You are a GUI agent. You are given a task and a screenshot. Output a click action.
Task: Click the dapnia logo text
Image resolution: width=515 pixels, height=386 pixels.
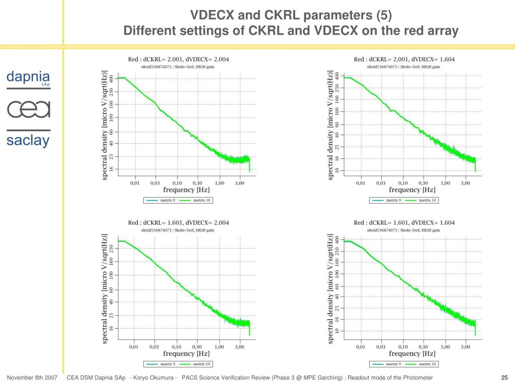[28, 77]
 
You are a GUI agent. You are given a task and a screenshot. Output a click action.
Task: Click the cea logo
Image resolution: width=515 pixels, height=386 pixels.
[28, 109]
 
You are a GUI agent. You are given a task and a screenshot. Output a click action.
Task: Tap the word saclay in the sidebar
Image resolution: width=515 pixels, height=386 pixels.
[28, 140]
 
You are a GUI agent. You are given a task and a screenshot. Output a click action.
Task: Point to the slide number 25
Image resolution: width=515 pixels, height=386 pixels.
[504, 378]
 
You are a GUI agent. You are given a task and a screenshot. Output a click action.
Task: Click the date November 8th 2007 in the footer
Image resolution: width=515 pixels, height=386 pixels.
[32, 378]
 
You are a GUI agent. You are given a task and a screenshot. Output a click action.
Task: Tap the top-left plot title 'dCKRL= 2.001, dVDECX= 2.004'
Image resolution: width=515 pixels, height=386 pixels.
[179, 59]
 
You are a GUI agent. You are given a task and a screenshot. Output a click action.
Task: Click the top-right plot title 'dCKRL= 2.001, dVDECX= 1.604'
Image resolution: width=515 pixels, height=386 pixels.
[404, 59]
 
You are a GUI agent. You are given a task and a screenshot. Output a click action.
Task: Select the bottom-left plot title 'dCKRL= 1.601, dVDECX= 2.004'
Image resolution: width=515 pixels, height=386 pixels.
[179, 223]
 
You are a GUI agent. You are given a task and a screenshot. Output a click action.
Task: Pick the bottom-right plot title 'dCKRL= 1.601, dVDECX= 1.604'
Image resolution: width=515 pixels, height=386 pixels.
[404, 223]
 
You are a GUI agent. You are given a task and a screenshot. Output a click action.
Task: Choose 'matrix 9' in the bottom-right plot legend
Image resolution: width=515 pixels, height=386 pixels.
[393, 364]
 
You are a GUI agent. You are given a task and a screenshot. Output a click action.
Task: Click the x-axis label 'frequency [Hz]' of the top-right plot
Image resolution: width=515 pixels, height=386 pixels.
[412, 190]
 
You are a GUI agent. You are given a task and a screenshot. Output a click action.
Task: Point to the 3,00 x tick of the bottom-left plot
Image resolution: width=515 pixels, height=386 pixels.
[239, 347]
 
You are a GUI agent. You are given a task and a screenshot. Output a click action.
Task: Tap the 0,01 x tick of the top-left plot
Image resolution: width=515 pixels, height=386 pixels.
[135, 183]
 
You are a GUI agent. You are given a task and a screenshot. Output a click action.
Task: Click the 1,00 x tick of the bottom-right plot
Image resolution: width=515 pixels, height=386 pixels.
[445, 347]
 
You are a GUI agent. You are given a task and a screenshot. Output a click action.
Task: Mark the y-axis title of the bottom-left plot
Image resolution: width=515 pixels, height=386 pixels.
[105, 288]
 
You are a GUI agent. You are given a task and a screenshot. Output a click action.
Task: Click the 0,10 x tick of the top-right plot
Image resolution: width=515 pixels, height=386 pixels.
[402, 183]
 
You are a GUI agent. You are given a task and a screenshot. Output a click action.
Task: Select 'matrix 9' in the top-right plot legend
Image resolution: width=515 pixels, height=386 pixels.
[393, 201]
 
